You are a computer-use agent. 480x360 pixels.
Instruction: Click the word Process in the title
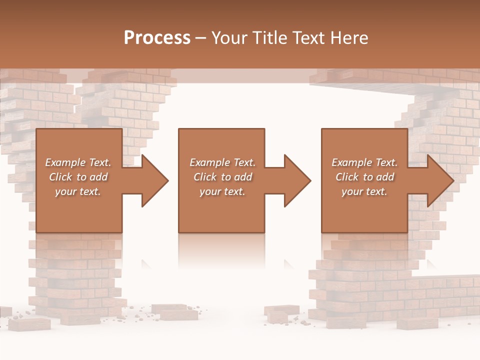[x=157, y=38]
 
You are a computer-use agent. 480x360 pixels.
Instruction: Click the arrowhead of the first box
[x=155, y=180]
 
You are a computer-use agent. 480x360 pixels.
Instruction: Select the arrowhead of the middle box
[x=297, y=180]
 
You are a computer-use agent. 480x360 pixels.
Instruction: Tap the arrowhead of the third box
[x=440, y=180]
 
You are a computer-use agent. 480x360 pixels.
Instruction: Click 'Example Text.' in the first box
[x=78, y=162]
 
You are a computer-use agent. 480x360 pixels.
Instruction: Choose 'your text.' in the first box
[x=78, y=191]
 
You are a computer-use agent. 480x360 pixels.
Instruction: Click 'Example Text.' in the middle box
[x=222, y=162]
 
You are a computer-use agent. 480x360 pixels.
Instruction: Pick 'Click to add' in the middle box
[x=222, y=177]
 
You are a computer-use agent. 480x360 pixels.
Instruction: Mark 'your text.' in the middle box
[x=222, y=191]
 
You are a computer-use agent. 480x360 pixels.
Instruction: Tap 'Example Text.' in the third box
[x=364, y=162]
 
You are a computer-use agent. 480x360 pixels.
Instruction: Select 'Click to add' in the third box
[x=364, y=177]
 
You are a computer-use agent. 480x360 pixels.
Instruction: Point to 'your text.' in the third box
[x=364, y=191]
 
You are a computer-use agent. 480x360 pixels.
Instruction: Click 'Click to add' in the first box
[x=78, y=177]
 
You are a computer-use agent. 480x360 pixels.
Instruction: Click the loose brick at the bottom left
[x=35, y=324]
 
